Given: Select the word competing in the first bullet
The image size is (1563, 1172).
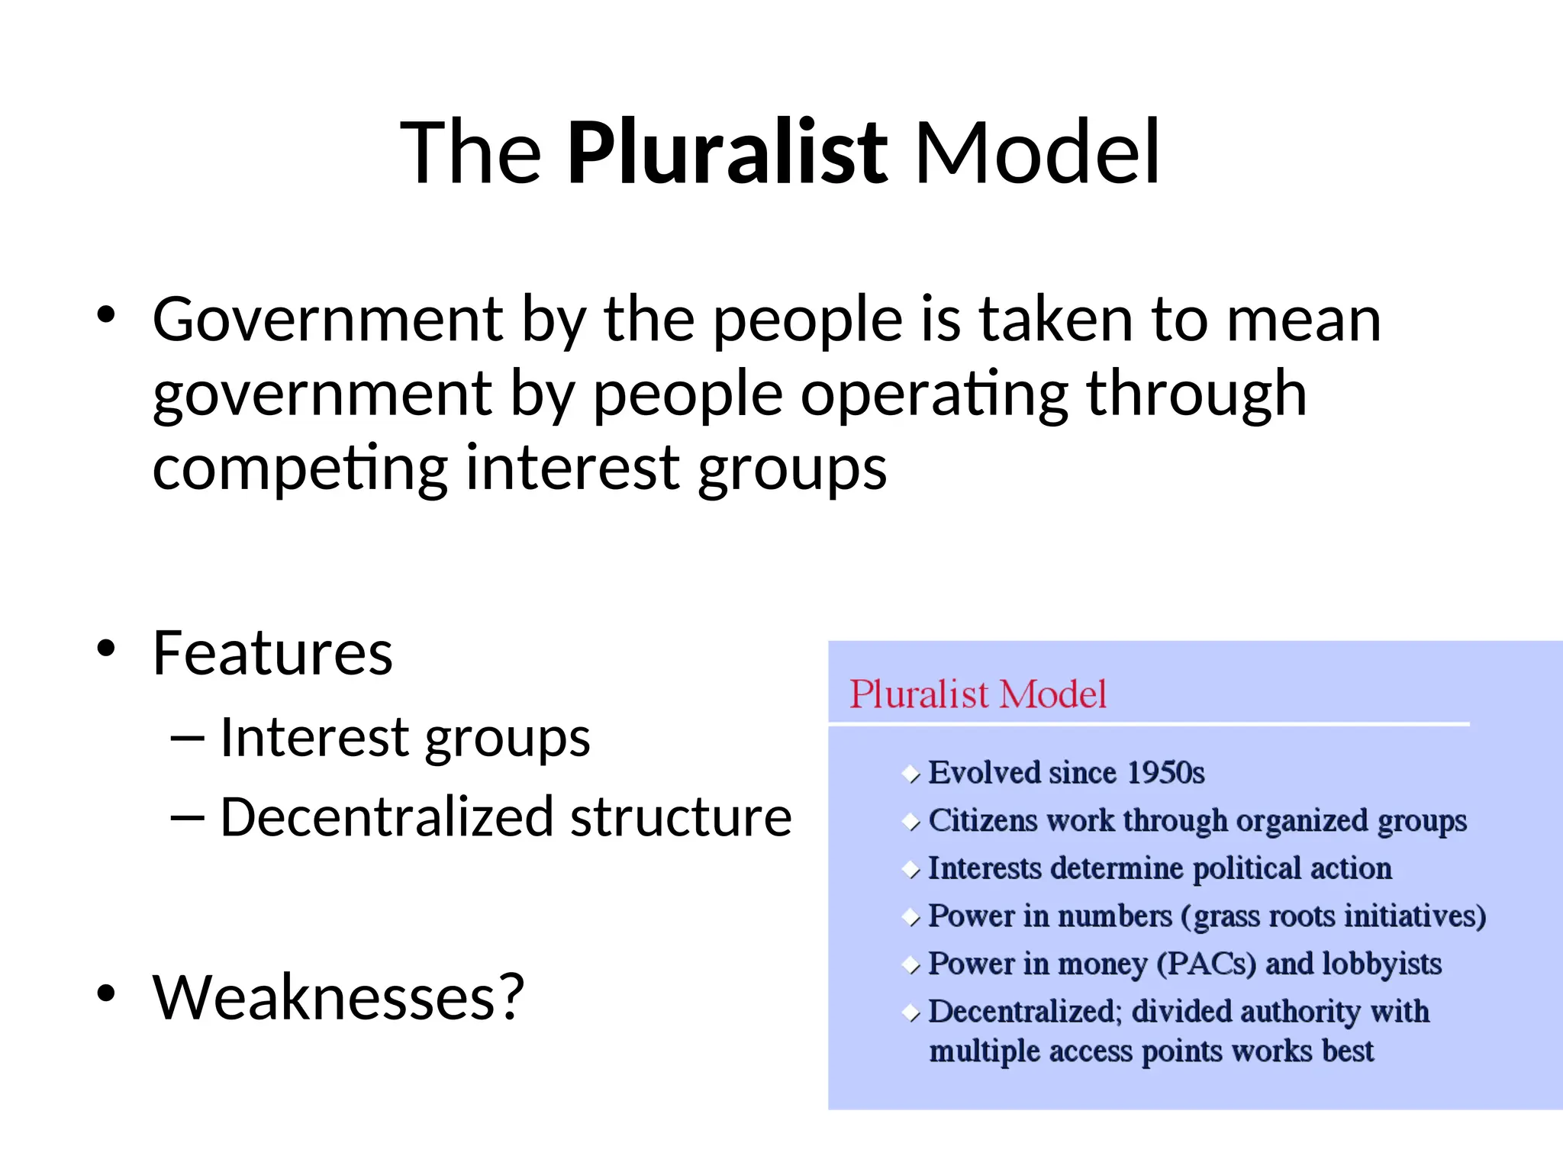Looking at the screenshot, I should coord(300,468).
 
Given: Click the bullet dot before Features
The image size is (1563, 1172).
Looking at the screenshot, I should coord(106,649).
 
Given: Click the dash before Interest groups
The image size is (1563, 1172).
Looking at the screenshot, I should coord(188,738).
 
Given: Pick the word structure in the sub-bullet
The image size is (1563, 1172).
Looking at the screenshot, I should coord(681,817).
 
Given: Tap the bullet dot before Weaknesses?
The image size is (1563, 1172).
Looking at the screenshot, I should coord(106,993).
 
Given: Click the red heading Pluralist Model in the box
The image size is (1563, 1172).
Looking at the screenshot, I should coord(978,694).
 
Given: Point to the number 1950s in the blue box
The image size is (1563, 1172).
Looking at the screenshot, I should coord(1165,773).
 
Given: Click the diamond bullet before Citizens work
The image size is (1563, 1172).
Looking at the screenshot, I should coord(911,823).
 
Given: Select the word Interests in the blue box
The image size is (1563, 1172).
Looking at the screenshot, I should coord(985,868).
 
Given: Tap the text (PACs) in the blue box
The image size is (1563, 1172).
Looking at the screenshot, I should coord(1206,964).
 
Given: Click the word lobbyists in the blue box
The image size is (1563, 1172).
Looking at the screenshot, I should coord(1381,964).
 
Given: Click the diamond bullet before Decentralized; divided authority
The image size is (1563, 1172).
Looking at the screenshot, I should coord(911,1013).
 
